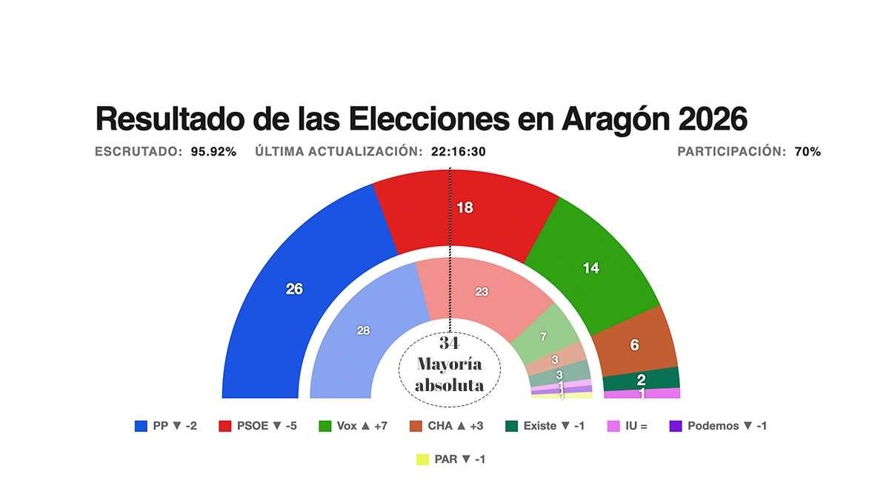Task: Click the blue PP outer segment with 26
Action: click(295, 289)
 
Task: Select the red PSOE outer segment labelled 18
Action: click(465, 208)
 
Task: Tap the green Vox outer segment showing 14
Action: click(590, 268)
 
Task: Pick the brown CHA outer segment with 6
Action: click(634, 344)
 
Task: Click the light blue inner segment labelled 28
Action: click(363, 331)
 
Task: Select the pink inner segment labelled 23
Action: click(482, 292)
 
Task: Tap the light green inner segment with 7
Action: click(543, 337)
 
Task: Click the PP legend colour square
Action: click(141, 426)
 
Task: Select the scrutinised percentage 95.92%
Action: click(213, 152)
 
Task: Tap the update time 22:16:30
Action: click(458, 152)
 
